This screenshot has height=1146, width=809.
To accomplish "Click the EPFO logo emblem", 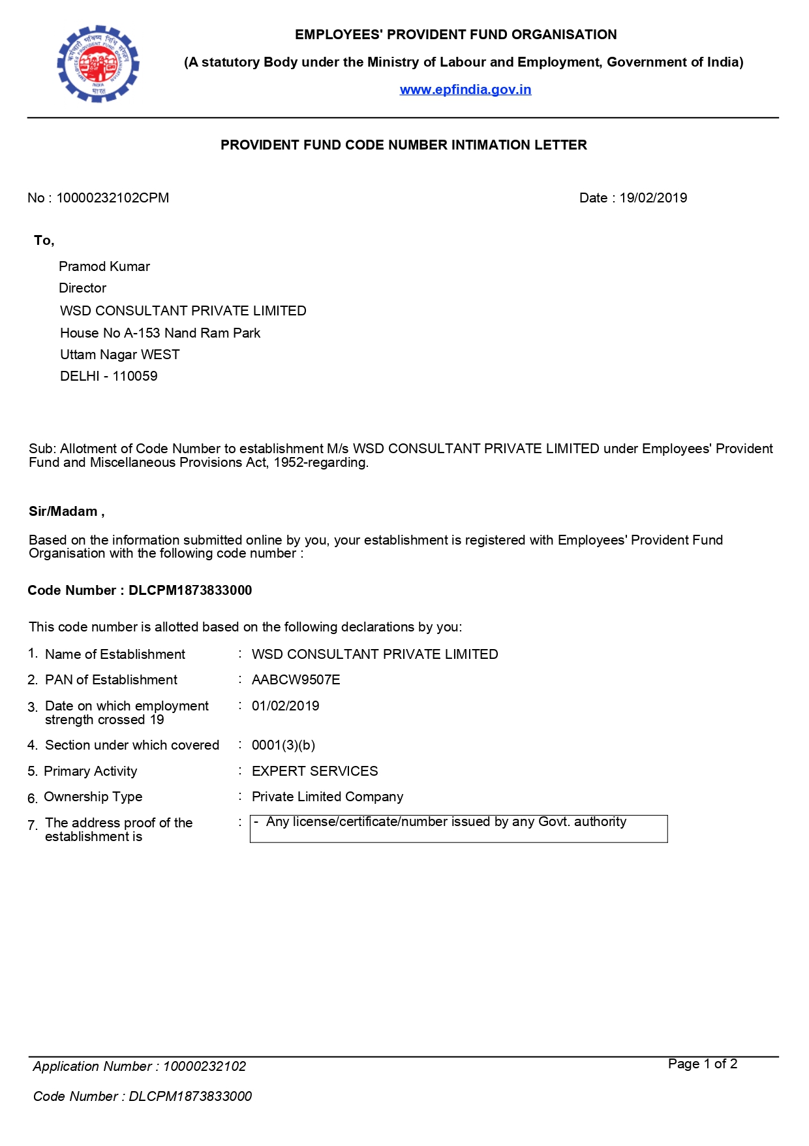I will (x=99, y=63).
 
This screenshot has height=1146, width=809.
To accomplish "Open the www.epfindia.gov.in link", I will (x=465, y=89).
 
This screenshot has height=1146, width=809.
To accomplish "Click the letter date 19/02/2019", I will (x=653, y=198).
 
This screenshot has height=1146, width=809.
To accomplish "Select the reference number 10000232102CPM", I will (x=112, y=198).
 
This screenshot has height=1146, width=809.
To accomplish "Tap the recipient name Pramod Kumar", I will (x=104, y=266).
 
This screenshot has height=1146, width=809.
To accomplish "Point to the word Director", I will (x=82, y=288).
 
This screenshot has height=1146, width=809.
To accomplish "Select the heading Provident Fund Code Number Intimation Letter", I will (x=403, y=145).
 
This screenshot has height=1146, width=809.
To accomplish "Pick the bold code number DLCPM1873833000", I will (x=190, y=590).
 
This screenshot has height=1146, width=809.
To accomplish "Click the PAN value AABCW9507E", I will (x=296, y=680).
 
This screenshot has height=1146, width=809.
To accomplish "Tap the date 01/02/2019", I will (x=285, y=706).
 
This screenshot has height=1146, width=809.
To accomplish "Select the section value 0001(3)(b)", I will (x=283, y=745).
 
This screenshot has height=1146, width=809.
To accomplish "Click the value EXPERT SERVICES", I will (x=314, y=771).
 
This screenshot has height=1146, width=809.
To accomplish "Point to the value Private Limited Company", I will (x=327, y=797).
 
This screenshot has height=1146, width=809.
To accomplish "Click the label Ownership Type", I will (x=93, y=797).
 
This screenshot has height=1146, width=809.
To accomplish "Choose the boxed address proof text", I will (x=446, y=822).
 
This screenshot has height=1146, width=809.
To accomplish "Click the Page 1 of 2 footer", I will (x=702, y=1064).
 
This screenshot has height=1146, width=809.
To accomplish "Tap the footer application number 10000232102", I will (x=204, y=1066).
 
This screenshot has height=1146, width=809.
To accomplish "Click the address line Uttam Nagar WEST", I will (x=119, y=355).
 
